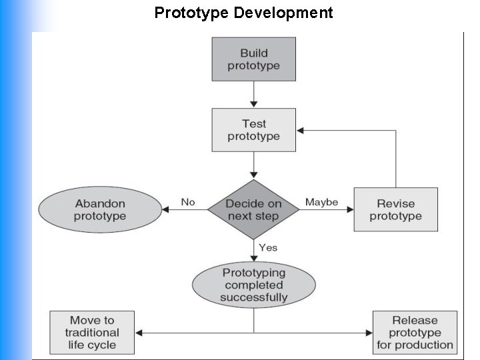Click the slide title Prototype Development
point(243,13)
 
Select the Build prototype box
point(253,59)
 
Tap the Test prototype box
point(253,130)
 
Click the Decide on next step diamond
point(253,209)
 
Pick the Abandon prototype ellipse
point(100,209)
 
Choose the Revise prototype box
point(395,209)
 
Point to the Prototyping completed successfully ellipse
point(253,285)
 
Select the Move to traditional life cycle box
point(92,333)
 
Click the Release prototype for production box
point(415,333)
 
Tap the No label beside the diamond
point(188,202)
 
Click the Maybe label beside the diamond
point(321,202)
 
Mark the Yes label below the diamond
point(268,247)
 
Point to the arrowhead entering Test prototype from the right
point(301,131)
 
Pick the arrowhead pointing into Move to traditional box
point(139,333)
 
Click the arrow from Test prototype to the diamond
point(253,165)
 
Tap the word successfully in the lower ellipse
point(253,297)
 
